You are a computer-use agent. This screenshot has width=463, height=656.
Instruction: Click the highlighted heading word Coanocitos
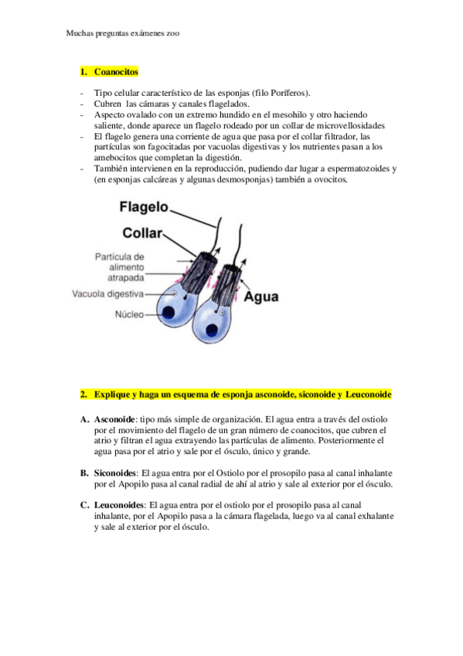(x=116, y=72)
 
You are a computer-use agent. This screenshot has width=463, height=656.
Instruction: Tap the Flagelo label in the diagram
(x=145, y=207)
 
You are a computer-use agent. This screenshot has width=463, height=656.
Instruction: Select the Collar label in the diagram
(x=141, y=232)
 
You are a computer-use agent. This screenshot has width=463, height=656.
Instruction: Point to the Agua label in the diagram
(x=261, y=296)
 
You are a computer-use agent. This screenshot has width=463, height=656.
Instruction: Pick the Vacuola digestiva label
(x=108, y=294)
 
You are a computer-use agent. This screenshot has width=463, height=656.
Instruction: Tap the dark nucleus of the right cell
(x=205, y=325)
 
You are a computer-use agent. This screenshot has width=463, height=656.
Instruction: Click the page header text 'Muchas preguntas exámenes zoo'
(x=123, y=34)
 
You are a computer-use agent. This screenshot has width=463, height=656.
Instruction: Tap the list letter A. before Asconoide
(x=84, y=419)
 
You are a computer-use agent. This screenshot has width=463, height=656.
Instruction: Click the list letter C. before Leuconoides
(x=84, y=505)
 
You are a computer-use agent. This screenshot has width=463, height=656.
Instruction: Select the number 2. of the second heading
(x=83, y=395)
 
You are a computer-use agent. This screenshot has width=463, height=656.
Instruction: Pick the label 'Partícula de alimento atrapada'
(x=120, y=266)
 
